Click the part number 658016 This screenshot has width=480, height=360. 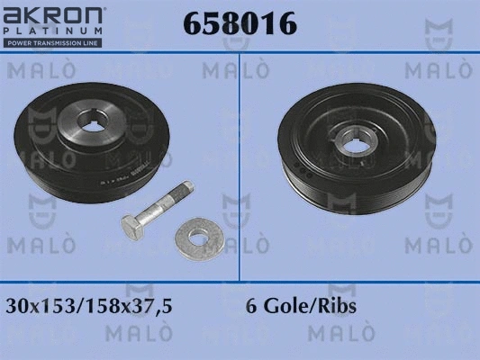coord(240,22)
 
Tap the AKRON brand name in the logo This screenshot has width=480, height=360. coord(52,15)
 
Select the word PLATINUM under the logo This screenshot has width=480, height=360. coord(52,31)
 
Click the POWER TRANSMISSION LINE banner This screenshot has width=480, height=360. coord(52,43)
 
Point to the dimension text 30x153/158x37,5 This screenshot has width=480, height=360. coord(89,306)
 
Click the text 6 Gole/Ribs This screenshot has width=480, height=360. coord(301,306)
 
